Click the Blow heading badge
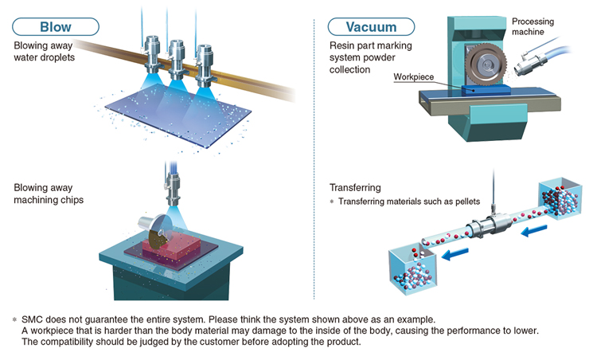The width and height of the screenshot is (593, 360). pyautogui.click(x=56, y=27)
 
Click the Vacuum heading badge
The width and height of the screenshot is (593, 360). pyautogui.click(x=371, y=27)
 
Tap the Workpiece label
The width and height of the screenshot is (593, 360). pyautogui.click(x=413, y=76)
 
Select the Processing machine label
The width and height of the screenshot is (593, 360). pyautogui.click(x=533, y=26)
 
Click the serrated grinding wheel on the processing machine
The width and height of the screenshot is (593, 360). pyautogui.click(x=486, y=65)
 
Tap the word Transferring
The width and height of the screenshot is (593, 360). pyautogui.click(x=355, y=188)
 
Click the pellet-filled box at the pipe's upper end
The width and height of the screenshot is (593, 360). pyautogui.click(x=560, y=199)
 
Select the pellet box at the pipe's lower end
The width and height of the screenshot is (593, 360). pyautogui.click(x=413, y=268)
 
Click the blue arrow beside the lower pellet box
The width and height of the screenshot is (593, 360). pyautogui.click(x=455, y=254)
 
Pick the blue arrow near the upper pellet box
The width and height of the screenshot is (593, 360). pyautogui.click(x=533, y=230)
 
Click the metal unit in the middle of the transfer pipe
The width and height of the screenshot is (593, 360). pyautogui.click(x=490, y=226)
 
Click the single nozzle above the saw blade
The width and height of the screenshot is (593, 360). pyautogui.click(x=173, y=190)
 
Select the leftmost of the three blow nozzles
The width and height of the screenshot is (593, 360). pyautogui.click(x=152, y=54)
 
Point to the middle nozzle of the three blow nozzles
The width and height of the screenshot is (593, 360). pyautogui.click(x=177, y=59)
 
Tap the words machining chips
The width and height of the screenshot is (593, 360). pyautogui.click(x=49, y=200)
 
